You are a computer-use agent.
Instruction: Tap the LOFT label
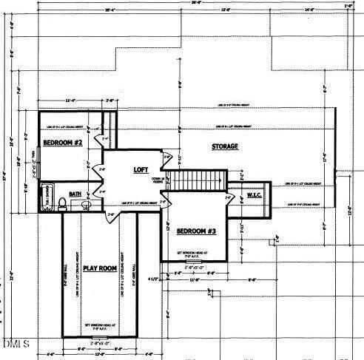141,170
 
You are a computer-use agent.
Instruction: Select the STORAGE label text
225,147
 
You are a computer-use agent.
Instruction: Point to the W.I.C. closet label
255,195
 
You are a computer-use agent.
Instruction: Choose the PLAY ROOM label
100,268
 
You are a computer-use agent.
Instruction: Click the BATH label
75,194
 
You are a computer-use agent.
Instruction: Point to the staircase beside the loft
195,180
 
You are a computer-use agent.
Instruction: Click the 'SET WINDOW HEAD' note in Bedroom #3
191,254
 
